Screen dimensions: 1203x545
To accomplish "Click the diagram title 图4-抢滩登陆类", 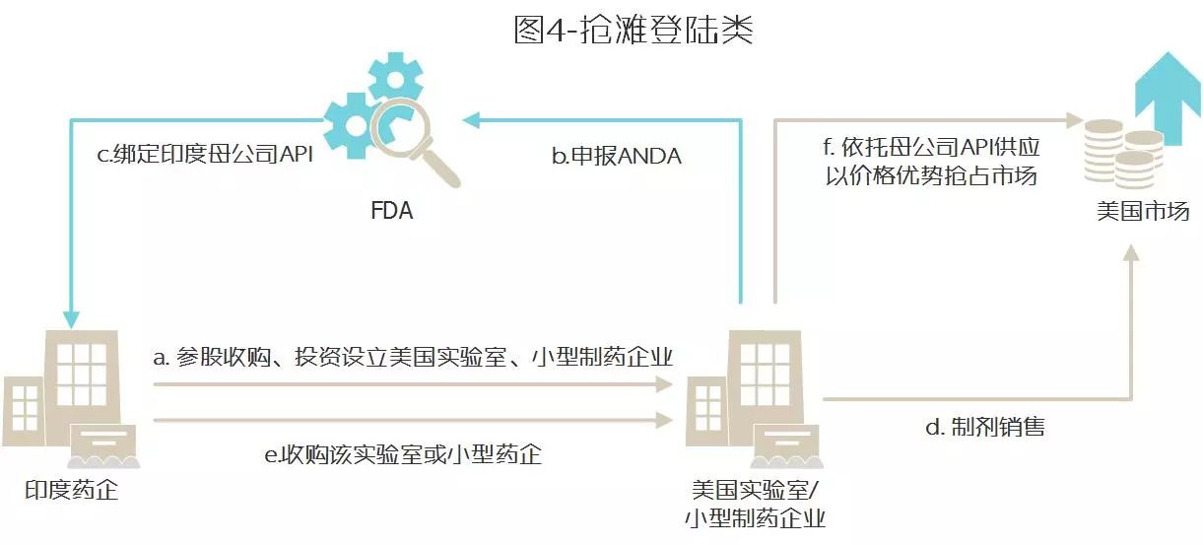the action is coord(634,30).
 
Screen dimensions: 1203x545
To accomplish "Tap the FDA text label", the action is coord(391,211).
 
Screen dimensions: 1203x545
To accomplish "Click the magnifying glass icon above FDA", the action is coord(415,142).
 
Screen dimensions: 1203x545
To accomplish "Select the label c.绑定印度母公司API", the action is coord(205,154).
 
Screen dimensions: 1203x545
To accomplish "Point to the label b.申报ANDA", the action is coord(617,156).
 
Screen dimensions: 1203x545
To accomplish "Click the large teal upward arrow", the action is coord(1168,99).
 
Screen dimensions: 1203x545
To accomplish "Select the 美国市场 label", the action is coord(1143,211).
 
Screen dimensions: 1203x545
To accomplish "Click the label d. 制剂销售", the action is coord(985,427).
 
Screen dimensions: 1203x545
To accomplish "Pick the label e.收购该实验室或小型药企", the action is coord(403,454).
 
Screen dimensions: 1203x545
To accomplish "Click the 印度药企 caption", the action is coord(71,490).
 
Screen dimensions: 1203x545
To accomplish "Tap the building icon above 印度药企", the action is coord(71,399).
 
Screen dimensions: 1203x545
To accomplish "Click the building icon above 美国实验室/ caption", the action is coord(754,399).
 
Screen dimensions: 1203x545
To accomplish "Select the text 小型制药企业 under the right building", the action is coord(755,518).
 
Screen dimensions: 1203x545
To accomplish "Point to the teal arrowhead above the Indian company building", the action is coord(71,319).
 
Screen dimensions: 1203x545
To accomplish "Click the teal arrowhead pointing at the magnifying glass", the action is coord(472,120).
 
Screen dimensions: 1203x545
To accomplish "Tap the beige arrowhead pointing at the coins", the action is coord(1075,119).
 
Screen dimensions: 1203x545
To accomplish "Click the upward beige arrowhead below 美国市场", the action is coord(1131,253).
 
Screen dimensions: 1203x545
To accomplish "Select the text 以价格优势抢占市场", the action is coord(931,176).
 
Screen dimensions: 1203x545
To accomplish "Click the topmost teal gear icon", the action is coord(396,79).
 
